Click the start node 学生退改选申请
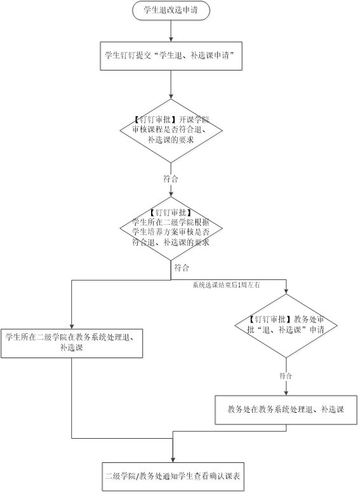(171, 10)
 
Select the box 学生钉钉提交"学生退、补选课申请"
(171, 56)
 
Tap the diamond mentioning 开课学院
(171, 131)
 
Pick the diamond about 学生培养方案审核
(171, 229)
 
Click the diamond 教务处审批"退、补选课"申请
(286, 326)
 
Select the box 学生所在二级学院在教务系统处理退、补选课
(72, 344)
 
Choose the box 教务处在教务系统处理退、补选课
(286, 410)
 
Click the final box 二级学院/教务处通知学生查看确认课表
(173, 476)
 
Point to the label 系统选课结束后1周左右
(226, 285)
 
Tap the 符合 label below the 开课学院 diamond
(171, 179)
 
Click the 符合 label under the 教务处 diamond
(286, 375)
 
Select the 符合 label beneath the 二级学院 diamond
(182, 268)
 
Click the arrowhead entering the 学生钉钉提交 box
(171, 39)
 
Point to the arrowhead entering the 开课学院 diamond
(171, 97)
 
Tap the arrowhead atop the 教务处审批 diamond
(286, 291)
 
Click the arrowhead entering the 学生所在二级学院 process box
(72, 326)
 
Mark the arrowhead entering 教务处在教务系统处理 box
(286, 393)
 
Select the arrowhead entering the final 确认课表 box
(173, 460)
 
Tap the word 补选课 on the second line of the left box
(72, 348)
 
